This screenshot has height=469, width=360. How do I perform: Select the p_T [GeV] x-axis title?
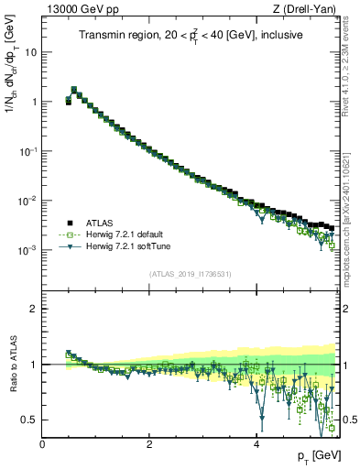click(317, 456)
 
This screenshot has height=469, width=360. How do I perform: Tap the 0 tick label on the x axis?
click(42, 444)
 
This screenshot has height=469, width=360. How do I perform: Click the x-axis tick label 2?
click(149, 444)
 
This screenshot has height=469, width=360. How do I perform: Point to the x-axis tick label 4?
click(256, 444)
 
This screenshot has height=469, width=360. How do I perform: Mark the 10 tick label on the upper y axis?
click(30, 52)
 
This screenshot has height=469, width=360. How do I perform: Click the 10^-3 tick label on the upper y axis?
click(28, 250)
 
